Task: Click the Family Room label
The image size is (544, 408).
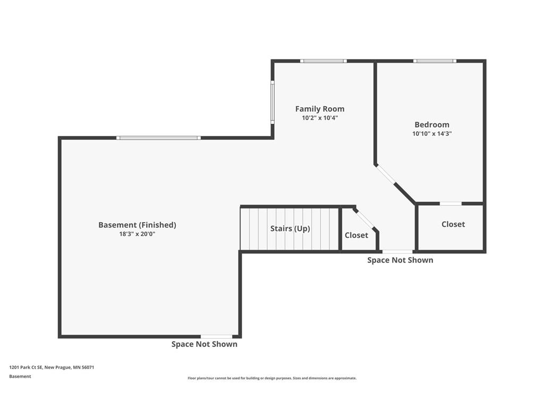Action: coord(319,109)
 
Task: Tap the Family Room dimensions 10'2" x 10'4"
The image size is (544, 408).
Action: coord(319,118)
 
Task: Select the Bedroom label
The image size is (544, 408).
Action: coord(431,124)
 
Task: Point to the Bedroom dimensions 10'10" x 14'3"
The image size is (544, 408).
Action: coord(431,133)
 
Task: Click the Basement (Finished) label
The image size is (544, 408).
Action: coord(137,225)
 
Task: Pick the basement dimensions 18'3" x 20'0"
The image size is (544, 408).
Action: coord(137,234)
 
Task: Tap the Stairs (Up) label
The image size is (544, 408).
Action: coord(290,228)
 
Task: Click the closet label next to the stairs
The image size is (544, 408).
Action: coord(356,235)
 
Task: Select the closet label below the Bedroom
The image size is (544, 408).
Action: coord(453,225)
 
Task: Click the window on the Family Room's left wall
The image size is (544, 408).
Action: coord(273,102)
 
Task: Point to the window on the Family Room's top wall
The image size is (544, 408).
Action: coord(324,61)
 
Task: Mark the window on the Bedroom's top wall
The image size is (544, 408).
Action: coord(435,61)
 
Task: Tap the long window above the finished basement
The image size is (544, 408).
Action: coord(158,138)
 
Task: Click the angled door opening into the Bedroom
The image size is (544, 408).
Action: coord(386,174)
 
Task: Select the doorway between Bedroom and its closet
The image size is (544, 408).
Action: coord(450,203)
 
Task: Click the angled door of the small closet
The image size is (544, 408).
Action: coord(365,219)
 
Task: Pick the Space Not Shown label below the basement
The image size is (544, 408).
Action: coord(205,344)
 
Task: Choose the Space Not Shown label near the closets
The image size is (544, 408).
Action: coord(400,260)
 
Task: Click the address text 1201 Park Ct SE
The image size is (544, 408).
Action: coord(25,368)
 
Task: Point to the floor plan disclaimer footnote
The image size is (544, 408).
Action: coord(272,378)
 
